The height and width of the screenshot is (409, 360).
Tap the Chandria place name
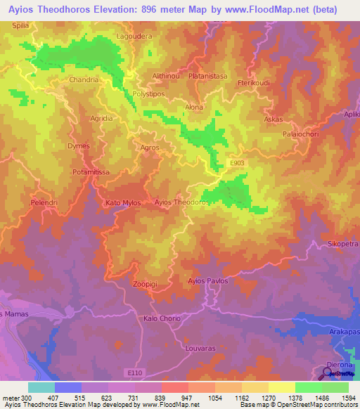tap(84, 80)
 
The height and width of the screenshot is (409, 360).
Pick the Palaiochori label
tap(300, 133)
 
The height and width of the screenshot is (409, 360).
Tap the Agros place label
tap(150, 148)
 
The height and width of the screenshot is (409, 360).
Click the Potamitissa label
tap(92, 171)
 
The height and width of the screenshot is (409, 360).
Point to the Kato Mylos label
tap(123, 203)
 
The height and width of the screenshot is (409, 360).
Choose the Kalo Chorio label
tap(162, 318)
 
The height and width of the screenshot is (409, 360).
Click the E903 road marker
tap(237, 162)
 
